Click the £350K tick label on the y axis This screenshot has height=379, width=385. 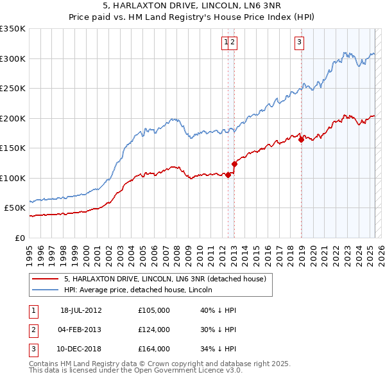tap(13, 29)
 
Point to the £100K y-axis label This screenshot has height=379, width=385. tap(13, 178)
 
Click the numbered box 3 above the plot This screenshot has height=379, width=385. tap(299, 43)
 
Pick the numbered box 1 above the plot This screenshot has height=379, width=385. tap(226, 43)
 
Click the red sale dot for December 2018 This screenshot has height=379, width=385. tap(301, 139)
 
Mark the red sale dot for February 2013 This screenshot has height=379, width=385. tap(234, 164)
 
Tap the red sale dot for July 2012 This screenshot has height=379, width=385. tap(228, 175)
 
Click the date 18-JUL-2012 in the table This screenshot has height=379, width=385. tap(81, 310)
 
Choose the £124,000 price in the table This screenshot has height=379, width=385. tap(154, 330)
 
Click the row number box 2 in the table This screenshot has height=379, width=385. tap(32, 330)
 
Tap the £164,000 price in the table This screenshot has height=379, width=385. tap(154, 349)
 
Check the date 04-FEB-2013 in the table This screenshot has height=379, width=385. tap(81, 330)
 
